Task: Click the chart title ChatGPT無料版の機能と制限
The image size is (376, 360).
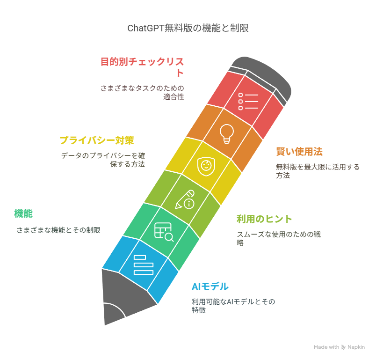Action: click(188, 28)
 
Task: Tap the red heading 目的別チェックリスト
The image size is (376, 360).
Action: click(142, 67)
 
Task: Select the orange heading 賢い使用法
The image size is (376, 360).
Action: click(299, 152)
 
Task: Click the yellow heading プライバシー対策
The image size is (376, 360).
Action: click(97, 140)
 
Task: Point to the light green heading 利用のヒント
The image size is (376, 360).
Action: click(264, 219)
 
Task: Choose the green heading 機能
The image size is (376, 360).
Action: click(23, 213)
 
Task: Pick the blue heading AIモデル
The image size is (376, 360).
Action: click(210, 287)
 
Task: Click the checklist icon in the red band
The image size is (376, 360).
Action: click(248, 101)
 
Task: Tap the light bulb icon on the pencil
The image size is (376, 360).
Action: click(227, 134)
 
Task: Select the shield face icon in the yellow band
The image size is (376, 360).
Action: click(206, 166)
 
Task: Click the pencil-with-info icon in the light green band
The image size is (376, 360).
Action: click(185, 200)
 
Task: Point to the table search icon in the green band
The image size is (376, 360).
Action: click(164, 232)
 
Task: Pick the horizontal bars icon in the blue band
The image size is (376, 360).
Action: click(144, 264)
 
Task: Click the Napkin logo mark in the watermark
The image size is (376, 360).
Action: click(343, 347)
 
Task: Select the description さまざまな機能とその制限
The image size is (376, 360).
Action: click(58, 230)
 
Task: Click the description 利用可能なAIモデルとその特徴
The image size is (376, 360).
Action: click(233, 306)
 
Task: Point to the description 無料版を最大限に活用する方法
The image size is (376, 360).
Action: click(318, 171)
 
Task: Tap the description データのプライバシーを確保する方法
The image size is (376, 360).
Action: click(103, 160)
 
